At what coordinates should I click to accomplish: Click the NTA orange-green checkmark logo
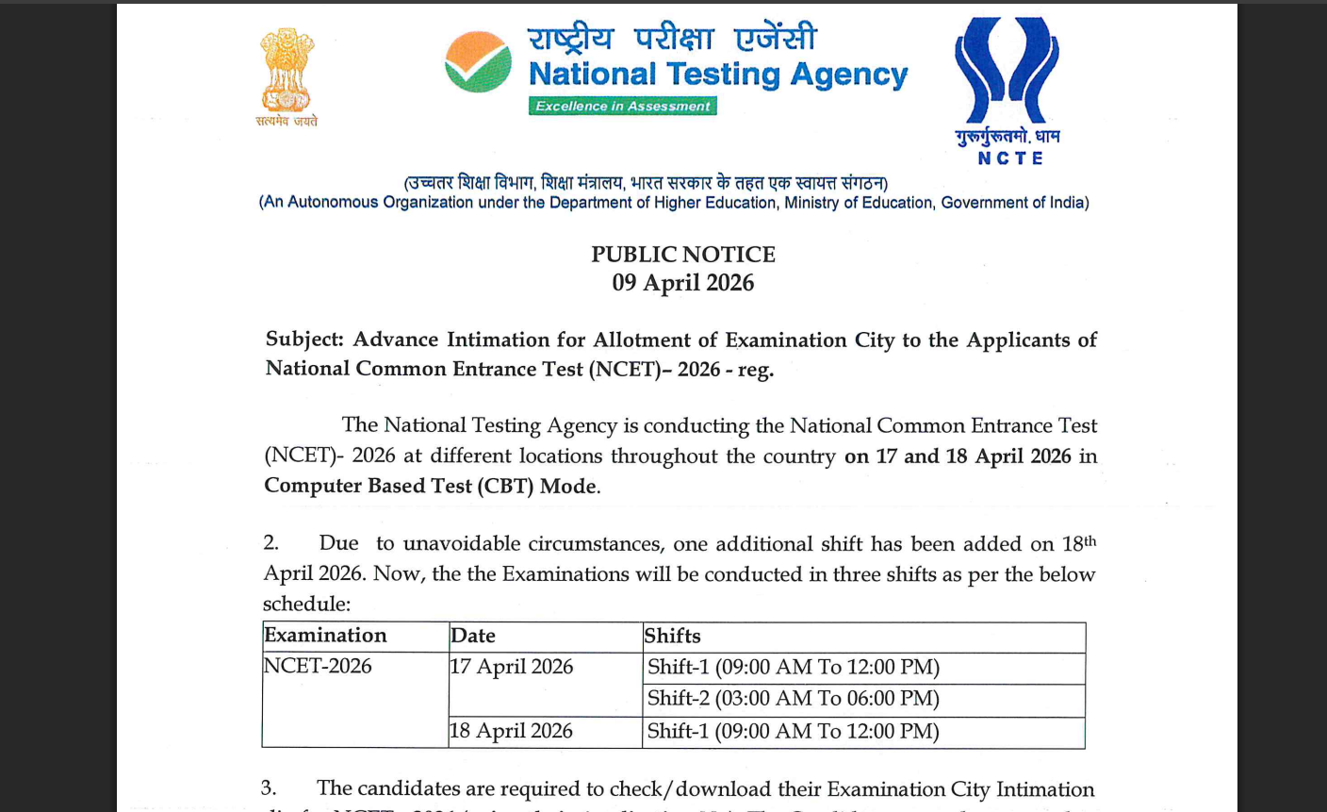[x=478, y=61]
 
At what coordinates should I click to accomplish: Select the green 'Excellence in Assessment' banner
[x=622, y=106]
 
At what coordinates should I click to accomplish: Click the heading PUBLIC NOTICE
[x=683, y=255]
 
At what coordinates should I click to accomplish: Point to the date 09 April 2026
[x=683, y=283]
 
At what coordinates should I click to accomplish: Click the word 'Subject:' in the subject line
[x=304, y=340]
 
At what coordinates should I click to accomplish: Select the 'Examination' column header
[x=326, y=636]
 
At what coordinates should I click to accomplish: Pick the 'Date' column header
[x=473, y=636]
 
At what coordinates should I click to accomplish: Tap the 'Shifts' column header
[x=673, y=636]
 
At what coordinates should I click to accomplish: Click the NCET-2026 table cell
[x=318, y=666]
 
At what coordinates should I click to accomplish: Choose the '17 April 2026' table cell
[x=512, y=667]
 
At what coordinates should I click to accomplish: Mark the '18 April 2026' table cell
[x=512, y=731]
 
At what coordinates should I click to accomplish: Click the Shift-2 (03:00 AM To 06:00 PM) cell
[x=794, y=699]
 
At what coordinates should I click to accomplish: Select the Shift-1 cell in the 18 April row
[x=794, y=731]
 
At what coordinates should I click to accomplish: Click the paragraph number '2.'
[x=271, y=543]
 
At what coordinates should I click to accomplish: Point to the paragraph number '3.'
[x=269, y=788]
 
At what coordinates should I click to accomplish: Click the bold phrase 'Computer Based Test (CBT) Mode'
[x=431, y=486]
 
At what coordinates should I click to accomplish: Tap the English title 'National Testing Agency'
[x=718, y=74]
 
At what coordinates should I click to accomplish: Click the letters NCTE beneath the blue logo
[x=1010, y=158]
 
